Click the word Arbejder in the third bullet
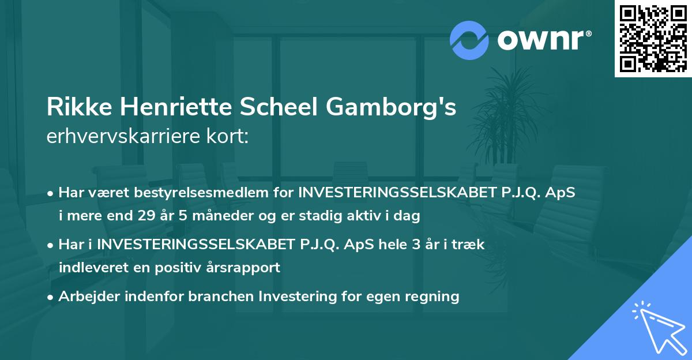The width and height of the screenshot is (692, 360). coord(86,297)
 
